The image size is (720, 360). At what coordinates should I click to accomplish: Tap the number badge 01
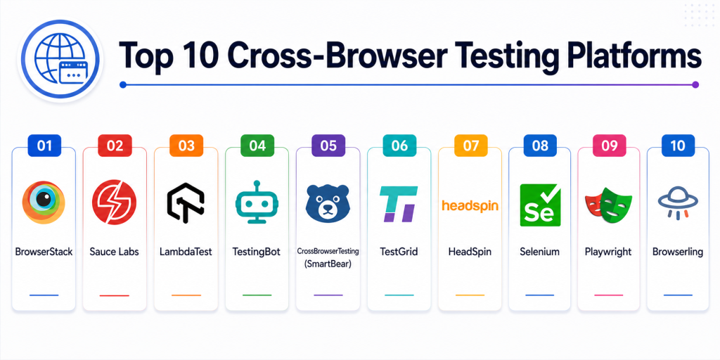pos(44,146)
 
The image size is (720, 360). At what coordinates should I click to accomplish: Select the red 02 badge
pos(115,146)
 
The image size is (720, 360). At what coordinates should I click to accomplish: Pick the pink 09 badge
pos(608,146)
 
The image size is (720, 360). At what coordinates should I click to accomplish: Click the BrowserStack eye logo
pos(44,202)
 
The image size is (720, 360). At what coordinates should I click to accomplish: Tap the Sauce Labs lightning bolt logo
pos(115,202)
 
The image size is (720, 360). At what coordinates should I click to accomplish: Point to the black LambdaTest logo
pos(186,202)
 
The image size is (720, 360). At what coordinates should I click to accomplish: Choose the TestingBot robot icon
pos(257,202)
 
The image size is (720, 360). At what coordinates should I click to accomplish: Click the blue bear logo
pos(328,203)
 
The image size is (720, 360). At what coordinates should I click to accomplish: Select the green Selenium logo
pos(540,205)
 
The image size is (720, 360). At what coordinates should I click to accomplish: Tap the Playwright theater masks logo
pos(608,205)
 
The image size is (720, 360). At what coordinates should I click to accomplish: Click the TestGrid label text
pos(399,252)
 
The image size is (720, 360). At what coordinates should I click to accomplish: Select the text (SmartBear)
pos(328,264)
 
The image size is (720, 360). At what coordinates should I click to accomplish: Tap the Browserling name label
pos(678,252)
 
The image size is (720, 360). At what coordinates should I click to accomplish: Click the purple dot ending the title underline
pos(695,84)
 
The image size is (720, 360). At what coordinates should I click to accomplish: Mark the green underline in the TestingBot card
pos(257,295)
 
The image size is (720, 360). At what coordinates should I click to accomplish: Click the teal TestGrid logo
pos(399,204)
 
